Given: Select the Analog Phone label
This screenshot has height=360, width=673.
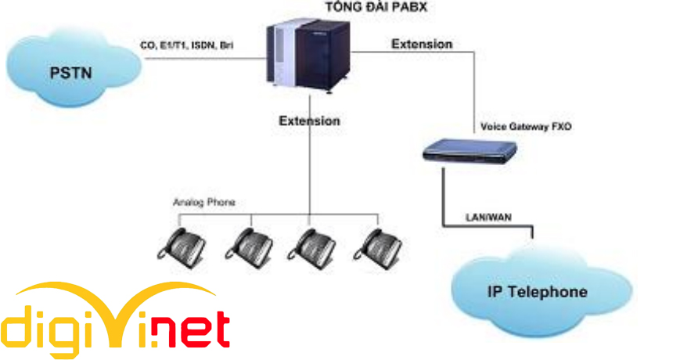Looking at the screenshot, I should click(203, 202).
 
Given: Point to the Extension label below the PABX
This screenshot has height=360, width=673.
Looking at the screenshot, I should click(310, 121).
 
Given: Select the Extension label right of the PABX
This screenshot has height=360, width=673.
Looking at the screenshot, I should click(422, 44).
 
